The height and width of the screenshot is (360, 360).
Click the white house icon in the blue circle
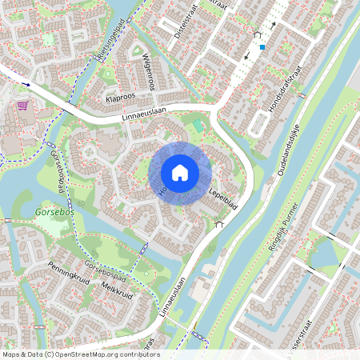click(180, 172)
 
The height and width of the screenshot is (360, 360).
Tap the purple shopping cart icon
click(22, 105)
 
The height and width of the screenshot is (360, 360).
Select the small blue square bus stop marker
click(262, 46)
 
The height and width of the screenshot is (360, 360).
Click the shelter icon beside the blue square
click(257, 35)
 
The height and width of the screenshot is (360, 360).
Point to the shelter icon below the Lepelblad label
click(218, 225)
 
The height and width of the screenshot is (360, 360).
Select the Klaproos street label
click(119, 99)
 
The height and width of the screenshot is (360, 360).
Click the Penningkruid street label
click(67, 275)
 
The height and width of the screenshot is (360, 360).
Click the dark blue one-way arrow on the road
click(26, 83)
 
